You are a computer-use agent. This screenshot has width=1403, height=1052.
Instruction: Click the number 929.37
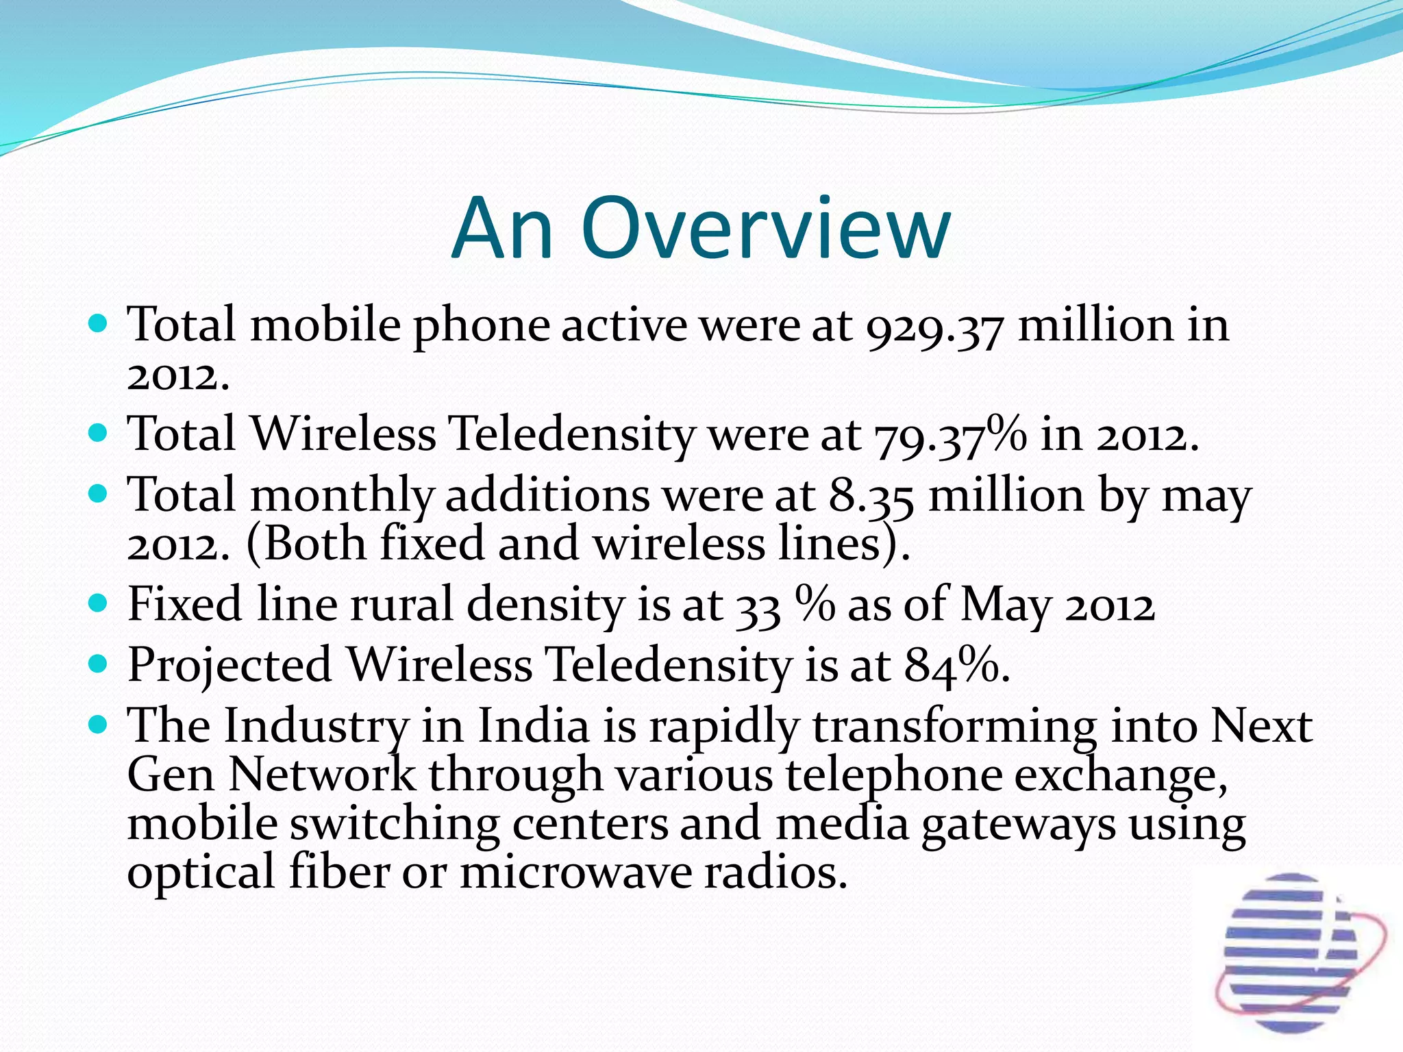[x=934, y=326]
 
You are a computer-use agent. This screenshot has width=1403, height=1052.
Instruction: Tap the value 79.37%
[x=950, y=436]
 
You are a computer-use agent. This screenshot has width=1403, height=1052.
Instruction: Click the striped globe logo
[x=1291, y=952]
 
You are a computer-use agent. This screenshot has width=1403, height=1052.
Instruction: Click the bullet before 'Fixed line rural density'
[x=99, y=603]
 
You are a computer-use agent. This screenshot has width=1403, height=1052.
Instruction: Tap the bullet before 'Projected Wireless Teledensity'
[x=99, y=664]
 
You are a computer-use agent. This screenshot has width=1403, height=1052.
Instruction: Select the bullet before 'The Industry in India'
[x=99, y=724]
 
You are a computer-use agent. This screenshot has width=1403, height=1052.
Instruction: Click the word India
[x=533, y=726]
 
